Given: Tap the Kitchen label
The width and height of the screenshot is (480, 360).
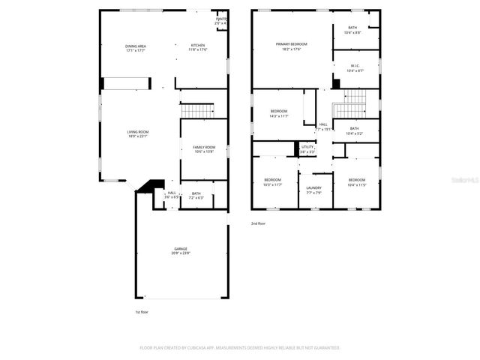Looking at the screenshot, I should coord(198,47).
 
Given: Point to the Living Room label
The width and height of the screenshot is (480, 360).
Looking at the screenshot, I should coord(138,133).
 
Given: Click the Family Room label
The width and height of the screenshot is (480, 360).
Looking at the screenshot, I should coord(204,149).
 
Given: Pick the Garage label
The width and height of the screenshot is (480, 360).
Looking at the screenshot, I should coord(181,250).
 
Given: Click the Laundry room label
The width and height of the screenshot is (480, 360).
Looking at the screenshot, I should coord(314,190).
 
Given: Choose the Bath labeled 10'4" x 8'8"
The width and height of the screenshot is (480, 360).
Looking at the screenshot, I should coord(352,30).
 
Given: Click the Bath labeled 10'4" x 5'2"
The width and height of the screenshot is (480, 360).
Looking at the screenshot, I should coord(354,130).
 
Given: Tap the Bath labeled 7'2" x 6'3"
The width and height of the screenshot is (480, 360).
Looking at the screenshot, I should coord(196,195).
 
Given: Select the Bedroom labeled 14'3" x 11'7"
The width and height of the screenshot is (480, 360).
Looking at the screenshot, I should coord(279,113).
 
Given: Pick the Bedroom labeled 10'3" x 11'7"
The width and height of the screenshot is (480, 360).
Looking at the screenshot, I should coord(272,181).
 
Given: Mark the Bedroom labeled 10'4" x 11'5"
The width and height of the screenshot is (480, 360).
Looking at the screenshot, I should coord(356,181).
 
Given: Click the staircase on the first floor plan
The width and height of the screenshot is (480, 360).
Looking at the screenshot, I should coord(198,111).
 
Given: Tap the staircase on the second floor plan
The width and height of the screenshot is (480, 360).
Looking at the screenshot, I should coord(349,105).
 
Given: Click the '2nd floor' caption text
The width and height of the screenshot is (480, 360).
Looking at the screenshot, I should coord(259,223).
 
